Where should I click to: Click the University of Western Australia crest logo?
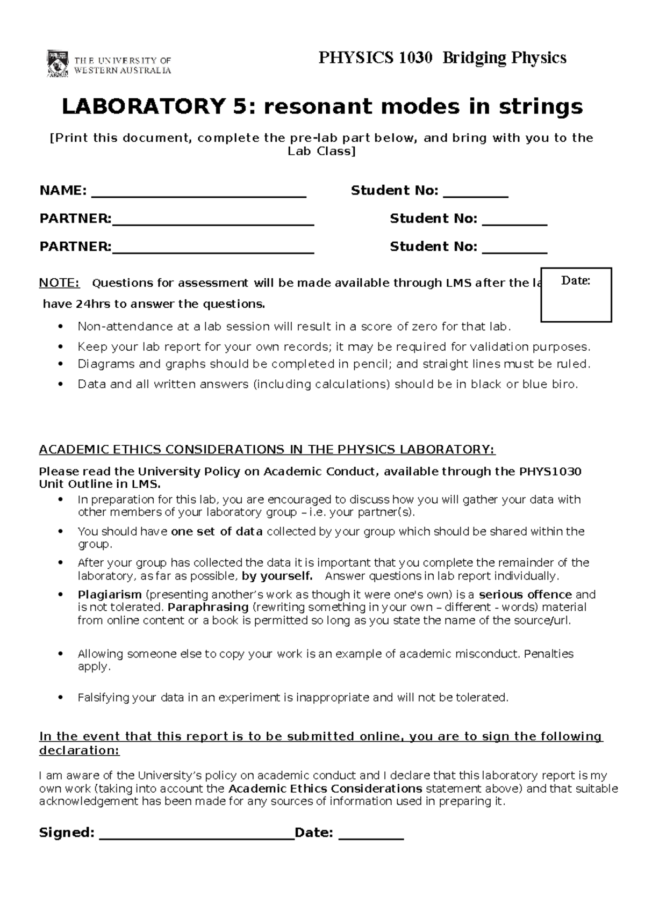58,63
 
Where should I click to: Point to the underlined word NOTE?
59,283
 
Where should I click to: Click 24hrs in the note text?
89,304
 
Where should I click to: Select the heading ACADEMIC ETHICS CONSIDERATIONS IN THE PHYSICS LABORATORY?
267,450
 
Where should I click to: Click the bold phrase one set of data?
217,532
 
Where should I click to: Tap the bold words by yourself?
277,576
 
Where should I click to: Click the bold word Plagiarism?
110,595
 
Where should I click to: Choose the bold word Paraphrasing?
208,608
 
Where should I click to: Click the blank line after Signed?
197,834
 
